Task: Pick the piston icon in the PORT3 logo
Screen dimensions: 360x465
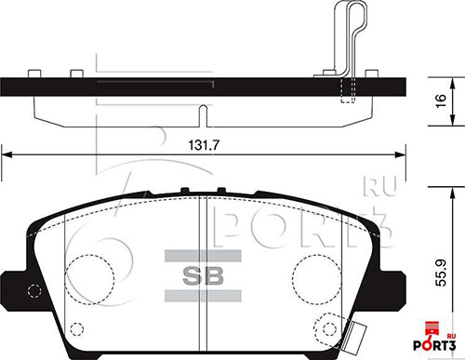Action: (x=430, y=326)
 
